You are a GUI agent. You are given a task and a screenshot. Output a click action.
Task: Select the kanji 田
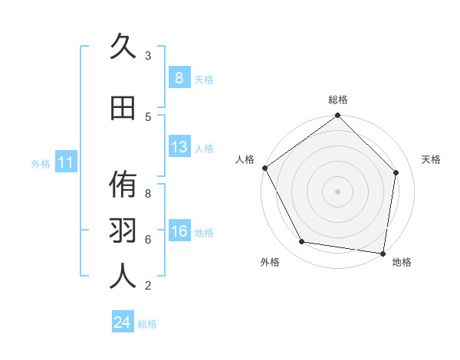123,108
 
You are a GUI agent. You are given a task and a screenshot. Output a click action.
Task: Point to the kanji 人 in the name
123,277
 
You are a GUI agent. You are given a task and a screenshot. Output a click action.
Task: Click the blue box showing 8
179,78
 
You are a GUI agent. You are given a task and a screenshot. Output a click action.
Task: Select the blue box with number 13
179,147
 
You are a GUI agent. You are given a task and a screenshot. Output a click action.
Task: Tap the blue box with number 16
179,231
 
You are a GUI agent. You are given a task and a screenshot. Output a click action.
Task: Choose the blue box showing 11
66,162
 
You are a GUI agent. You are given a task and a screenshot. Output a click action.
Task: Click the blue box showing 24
123,322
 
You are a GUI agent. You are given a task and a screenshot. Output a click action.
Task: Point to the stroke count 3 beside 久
148,56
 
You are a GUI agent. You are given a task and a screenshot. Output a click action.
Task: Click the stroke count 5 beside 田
148,116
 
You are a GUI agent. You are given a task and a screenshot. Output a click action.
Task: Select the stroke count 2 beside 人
148,286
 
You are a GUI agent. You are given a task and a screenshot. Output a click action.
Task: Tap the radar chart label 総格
338,100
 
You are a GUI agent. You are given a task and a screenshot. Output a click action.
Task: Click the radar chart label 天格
431,159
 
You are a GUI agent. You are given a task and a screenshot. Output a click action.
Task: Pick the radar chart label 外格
270,262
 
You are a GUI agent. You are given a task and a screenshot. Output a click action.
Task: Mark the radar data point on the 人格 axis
264,168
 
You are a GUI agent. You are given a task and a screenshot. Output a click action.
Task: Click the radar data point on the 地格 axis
383,253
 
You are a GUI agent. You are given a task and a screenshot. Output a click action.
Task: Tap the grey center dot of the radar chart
338,191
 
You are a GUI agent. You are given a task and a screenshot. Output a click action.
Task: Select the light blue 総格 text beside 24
147,324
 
